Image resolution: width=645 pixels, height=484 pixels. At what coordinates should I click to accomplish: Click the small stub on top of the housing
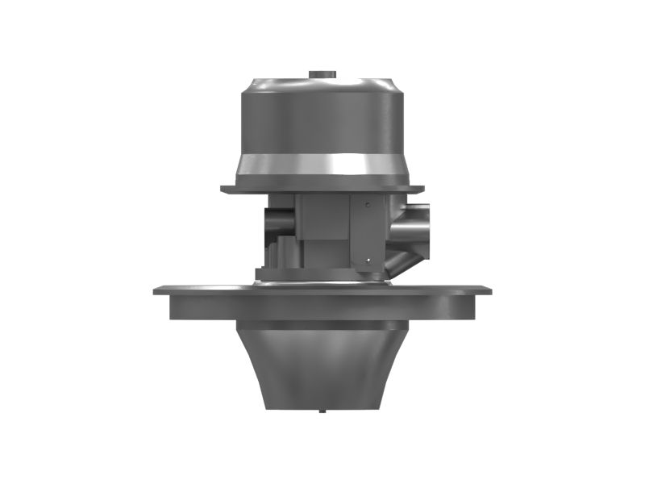click(x=322, y=74)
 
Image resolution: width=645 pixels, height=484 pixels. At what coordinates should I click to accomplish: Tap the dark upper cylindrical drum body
click(x=322, y=117)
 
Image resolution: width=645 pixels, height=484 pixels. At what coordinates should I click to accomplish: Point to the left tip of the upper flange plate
click(x=224, y=190)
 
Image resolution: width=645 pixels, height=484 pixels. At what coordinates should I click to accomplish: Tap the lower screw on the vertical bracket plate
click(x=368, y=260)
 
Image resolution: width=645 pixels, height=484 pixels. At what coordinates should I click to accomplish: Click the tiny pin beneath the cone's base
click(x=322, y=411)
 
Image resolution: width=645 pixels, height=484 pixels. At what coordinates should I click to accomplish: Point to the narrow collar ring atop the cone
click(x=322, y=325)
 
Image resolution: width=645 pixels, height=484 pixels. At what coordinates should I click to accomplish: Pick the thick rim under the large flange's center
click(x=322, y=307)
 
